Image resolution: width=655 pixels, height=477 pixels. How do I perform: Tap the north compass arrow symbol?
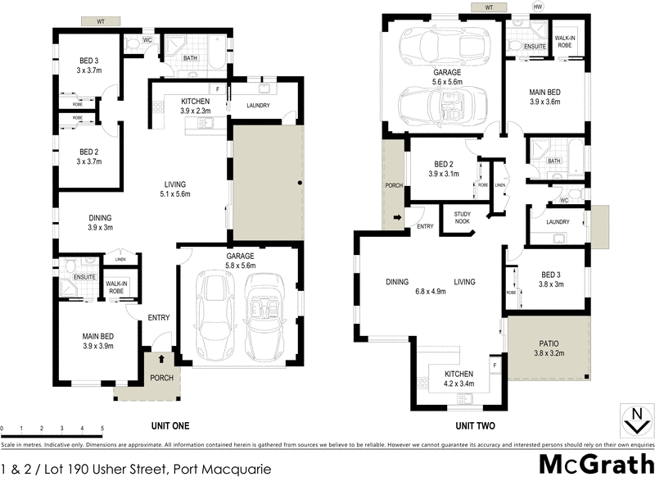[x=634, y=420]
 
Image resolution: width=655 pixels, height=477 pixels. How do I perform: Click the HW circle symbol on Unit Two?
[x=538, y=7]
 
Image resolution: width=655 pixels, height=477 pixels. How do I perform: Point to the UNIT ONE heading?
[x=170, y=425]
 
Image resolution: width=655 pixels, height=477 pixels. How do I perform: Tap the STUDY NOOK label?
[x=456, y=217]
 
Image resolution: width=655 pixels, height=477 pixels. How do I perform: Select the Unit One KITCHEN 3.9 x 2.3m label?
[x=196, y=106]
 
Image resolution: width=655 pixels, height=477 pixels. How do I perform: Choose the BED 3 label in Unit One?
[x=89, y=66]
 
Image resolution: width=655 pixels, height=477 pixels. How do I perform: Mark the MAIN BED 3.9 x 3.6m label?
[x=545, y=97]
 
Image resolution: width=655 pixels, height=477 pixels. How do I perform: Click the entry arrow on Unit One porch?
[x=161, y=358]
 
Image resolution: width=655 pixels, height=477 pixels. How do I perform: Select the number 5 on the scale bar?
[x=102, y=428]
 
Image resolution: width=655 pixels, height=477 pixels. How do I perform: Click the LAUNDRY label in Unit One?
[x=256, y=105]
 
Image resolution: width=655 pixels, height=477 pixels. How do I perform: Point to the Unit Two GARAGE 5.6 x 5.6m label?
[x=448, y=77]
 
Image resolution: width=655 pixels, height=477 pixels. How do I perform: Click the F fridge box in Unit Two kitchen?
[x=494, y=363]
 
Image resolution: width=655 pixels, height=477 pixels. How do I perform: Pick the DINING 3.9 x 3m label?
[x=101, y=222]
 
